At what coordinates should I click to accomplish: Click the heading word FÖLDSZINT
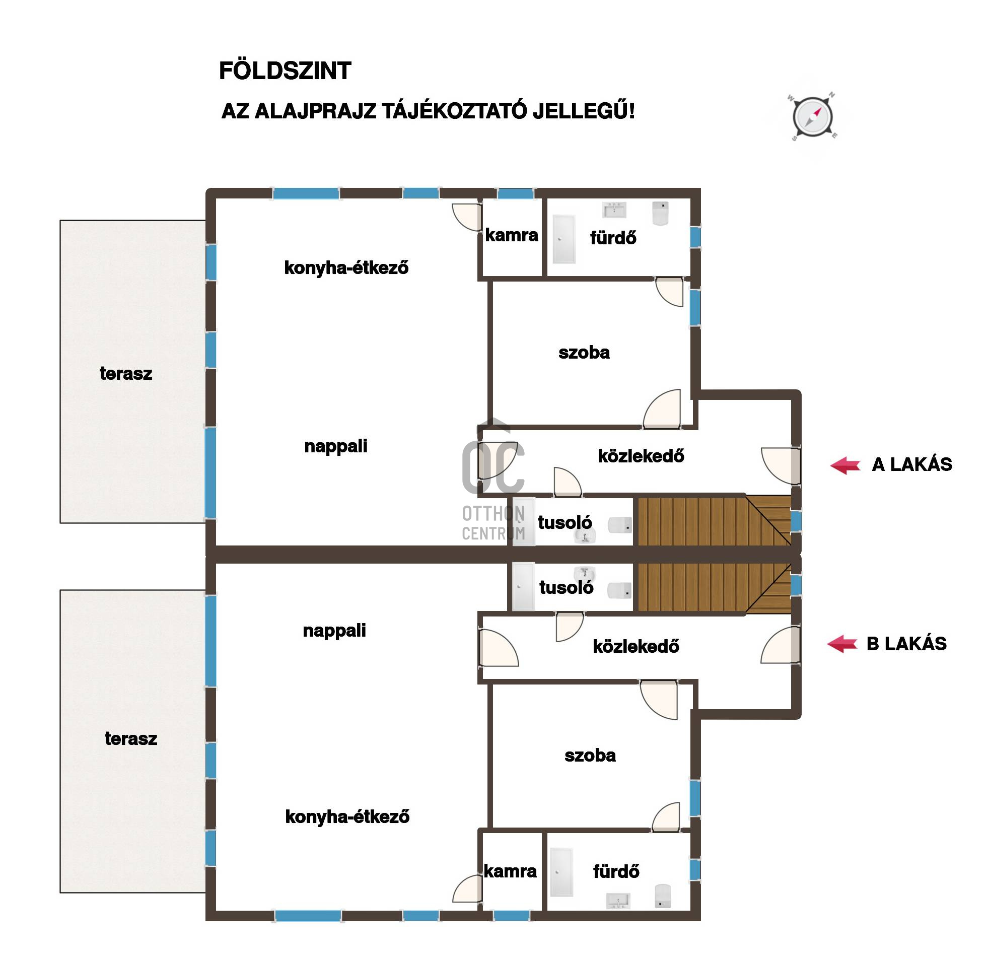click(285, 71)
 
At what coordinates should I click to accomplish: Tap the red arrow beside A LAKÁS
click(845, 465)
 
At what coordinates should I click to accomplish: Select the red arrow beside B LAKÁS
click(842, 644)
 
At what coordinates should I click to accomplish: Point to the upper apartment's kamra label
click(512, 235)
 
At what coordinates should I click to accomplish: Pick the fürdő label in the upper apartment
click(613, 237)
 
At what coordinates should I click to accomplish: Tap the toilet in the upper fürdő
click(660, 213)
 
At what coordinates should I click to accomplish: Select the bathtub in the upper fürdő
click(564, 239)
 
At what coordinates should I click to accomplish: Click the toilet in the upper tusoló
click(620, 525)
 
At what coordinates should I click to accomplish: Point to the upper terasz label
click(126, 373)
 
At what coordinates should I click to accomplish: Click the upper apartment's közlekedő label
click(641, 456)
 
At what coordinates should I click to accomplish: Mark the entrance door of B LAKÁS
click(781, 645)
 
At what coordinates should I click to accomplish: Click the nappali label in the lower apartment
click(334, 631)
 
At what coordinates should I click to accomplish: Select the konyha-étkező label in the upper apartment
click(346, 267)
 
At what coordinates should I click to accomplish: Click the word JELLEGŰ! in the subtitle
click(584, 111)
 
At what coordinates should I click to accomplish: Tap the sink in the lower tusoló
click(585, 574)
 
